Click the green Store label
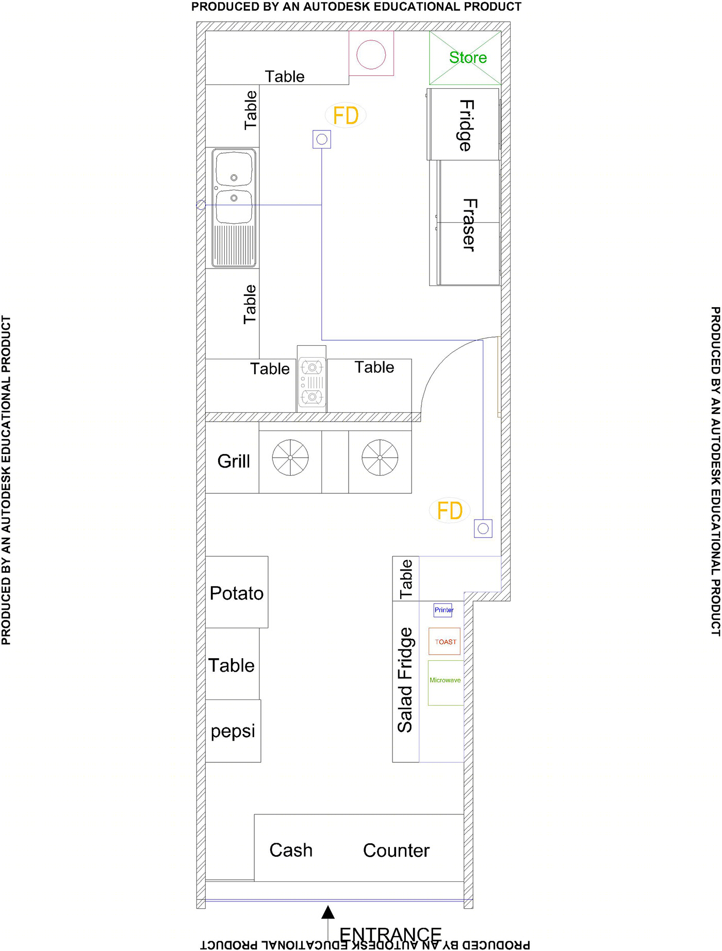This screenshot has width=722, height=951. point(468,57)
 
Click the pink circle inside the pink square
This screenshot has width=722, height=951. point(371,54)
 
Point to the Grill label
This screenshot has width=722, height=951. point(234,461)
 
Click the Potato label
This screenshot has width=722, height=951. point(237,593)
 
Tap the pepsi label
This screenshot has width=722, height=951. point(233,731)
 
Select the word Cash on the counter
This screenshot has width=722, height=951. point(291,850)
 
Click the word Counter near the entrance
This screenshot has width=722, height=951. point(396,850)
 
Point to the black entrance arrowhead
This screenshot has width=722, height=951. point(328,912)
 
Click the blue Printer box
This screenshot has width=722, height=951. point(443,610)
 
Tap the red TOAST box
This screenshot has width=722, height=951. point(445,641)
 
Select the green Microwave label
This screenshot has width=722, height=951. point(445,680)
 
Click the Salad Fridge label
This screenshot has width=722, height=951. point(405,680)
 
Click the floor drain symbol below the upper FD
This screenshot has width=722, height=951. point(322,139)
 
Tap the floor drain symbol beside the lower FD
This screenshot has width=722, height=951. point(483,528)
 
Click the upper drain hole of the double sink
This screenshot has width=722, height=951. point(234,178)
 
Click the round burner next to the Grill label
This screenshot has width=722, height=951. point(290,458)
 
